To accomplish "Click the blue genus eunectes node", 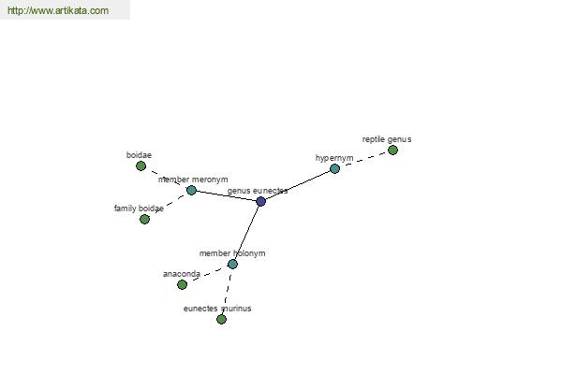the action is click(x=261, y=201).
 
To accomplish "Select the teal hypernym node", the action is click(x=334, y=168).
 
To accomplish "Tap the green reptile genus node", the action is click(x=392, y=150).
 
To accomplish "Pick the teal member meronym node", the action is click(x=191, y=190).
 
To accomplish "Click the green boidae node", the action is click(x=140, y=166).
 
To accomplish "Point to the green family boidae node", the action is click(x=144, y=219).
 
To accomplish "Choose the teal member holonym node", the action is click(x=232, y=264).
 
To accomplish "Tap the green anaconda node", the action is click(x=182, y=284).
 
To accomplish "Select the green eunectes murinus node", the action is click(x=221, y=319).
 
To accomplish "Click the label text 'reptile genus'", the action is click(x=387, y=139).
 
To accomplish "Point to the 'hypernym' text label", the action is click(x=334, y=158).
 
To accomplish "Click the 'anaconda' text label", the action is click(x=182, y=274).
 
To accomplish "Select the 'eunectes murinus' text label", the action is click(x=217, y=309).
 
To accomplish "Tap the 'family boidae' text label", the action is click(x=139, y=209).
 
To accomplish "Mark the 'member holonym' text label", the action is click(x=232, y=253).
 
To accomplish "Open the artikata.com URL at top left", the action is click(x=58, y=10).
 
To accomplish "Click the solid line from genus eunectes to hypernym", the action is click(x=298, y=185).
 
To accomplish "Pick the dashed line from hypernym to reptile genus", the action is click(x=363, y=159).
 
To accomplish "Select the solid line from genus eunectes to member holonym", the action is click(x=246, y=233).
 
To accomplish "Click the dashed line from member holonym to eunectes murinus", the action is click(x=227, y=292).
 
